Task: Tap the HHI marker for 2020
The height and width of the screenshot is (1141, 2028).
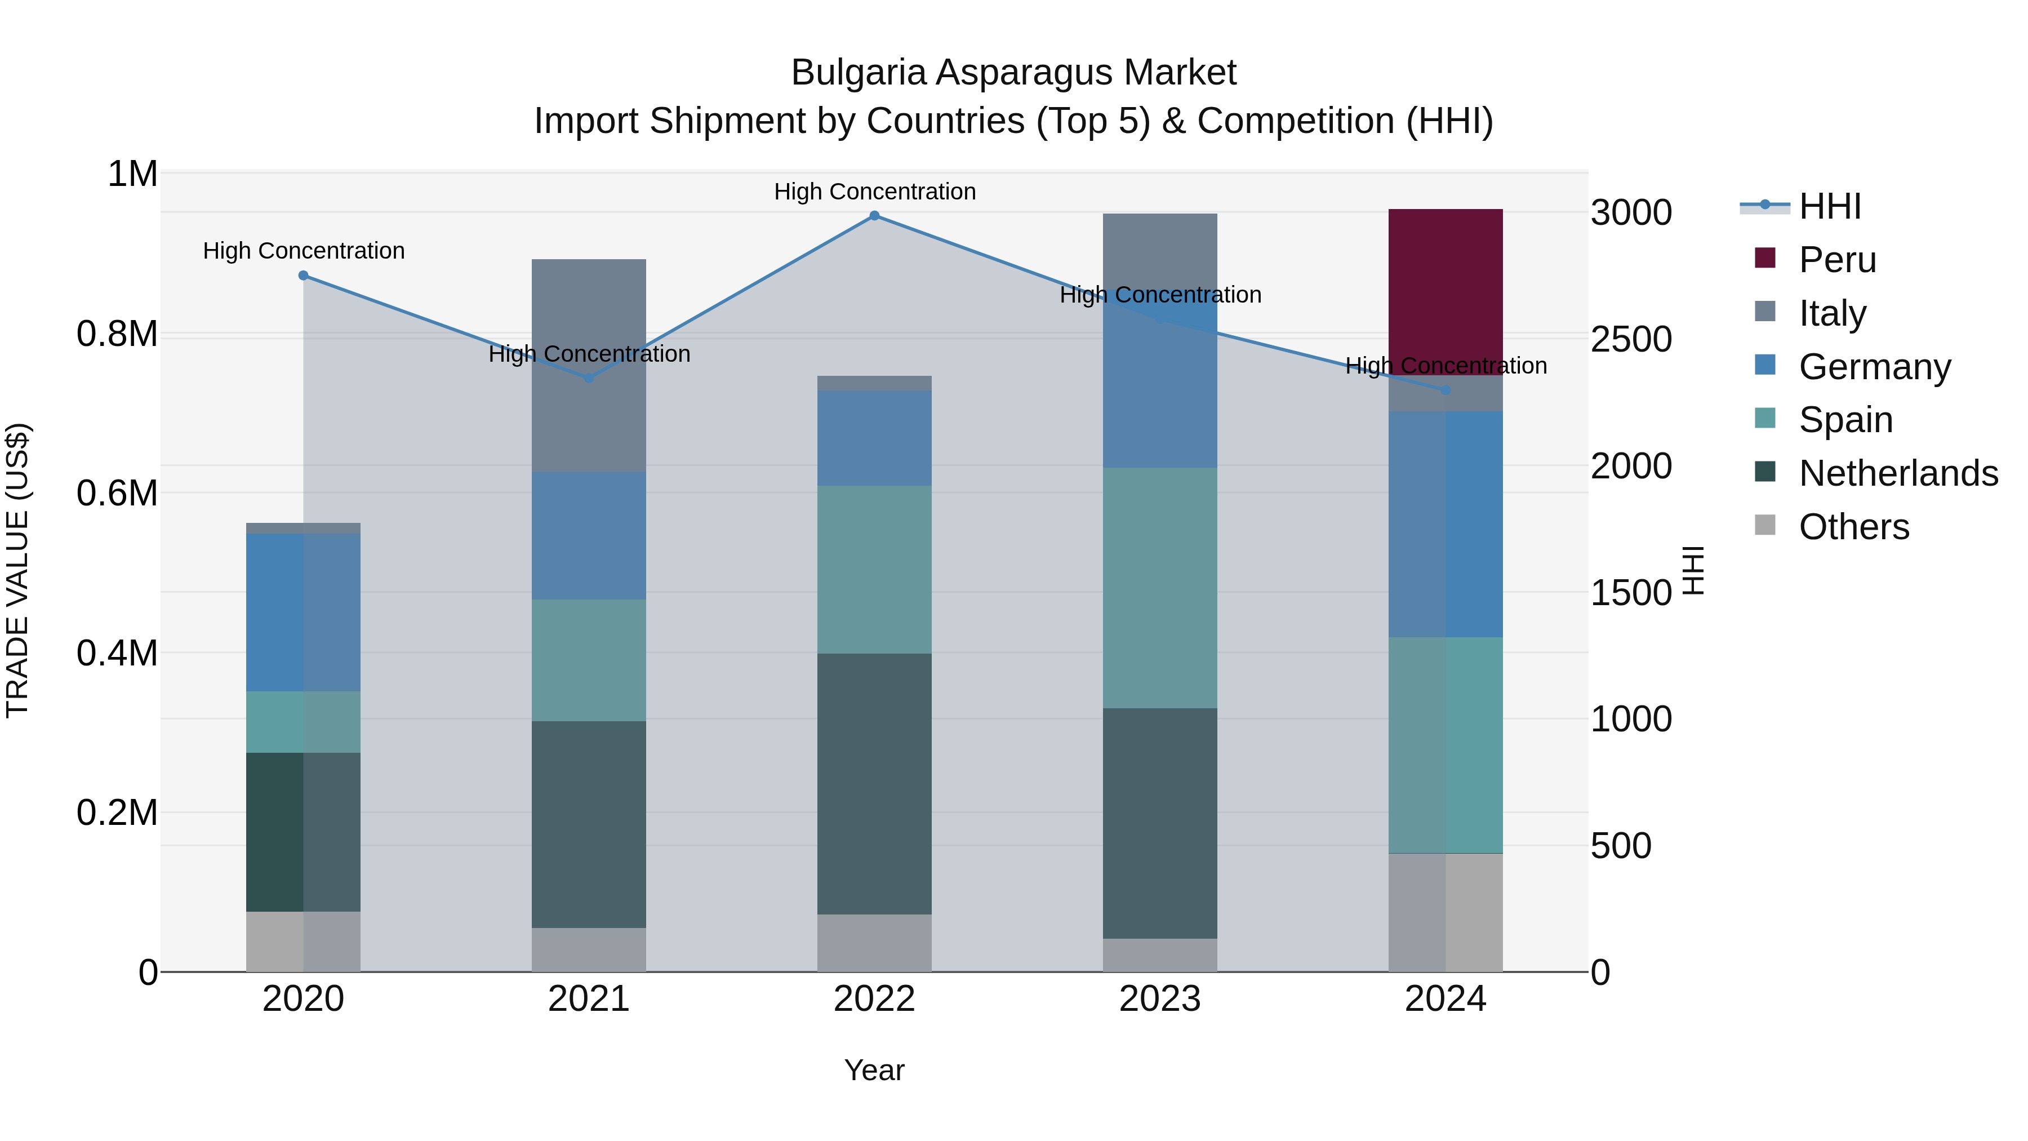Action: [303, 276]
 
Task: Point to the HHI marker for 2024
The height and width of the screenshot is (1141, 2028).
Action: [1446, 390]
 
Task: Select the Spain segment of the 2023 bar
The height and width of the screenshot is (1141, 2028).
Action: [1160, 588]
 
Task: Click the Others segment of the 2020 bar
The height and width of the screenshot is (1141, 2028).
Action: [303, 941]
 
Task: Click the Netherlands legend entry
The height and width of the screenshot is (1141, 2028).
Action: [1897, 473]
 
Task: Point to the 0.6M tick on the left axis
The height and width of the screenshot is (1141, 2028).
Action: [117, 494]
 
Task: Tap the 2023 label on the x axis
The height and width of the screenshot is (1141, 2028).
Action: [1160, 999]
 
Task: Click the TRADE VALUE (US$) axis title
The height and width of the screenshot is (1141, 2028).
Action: [17, 570]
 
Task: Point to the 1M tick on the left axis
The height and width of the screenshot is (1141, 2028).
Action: [132, 174]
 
